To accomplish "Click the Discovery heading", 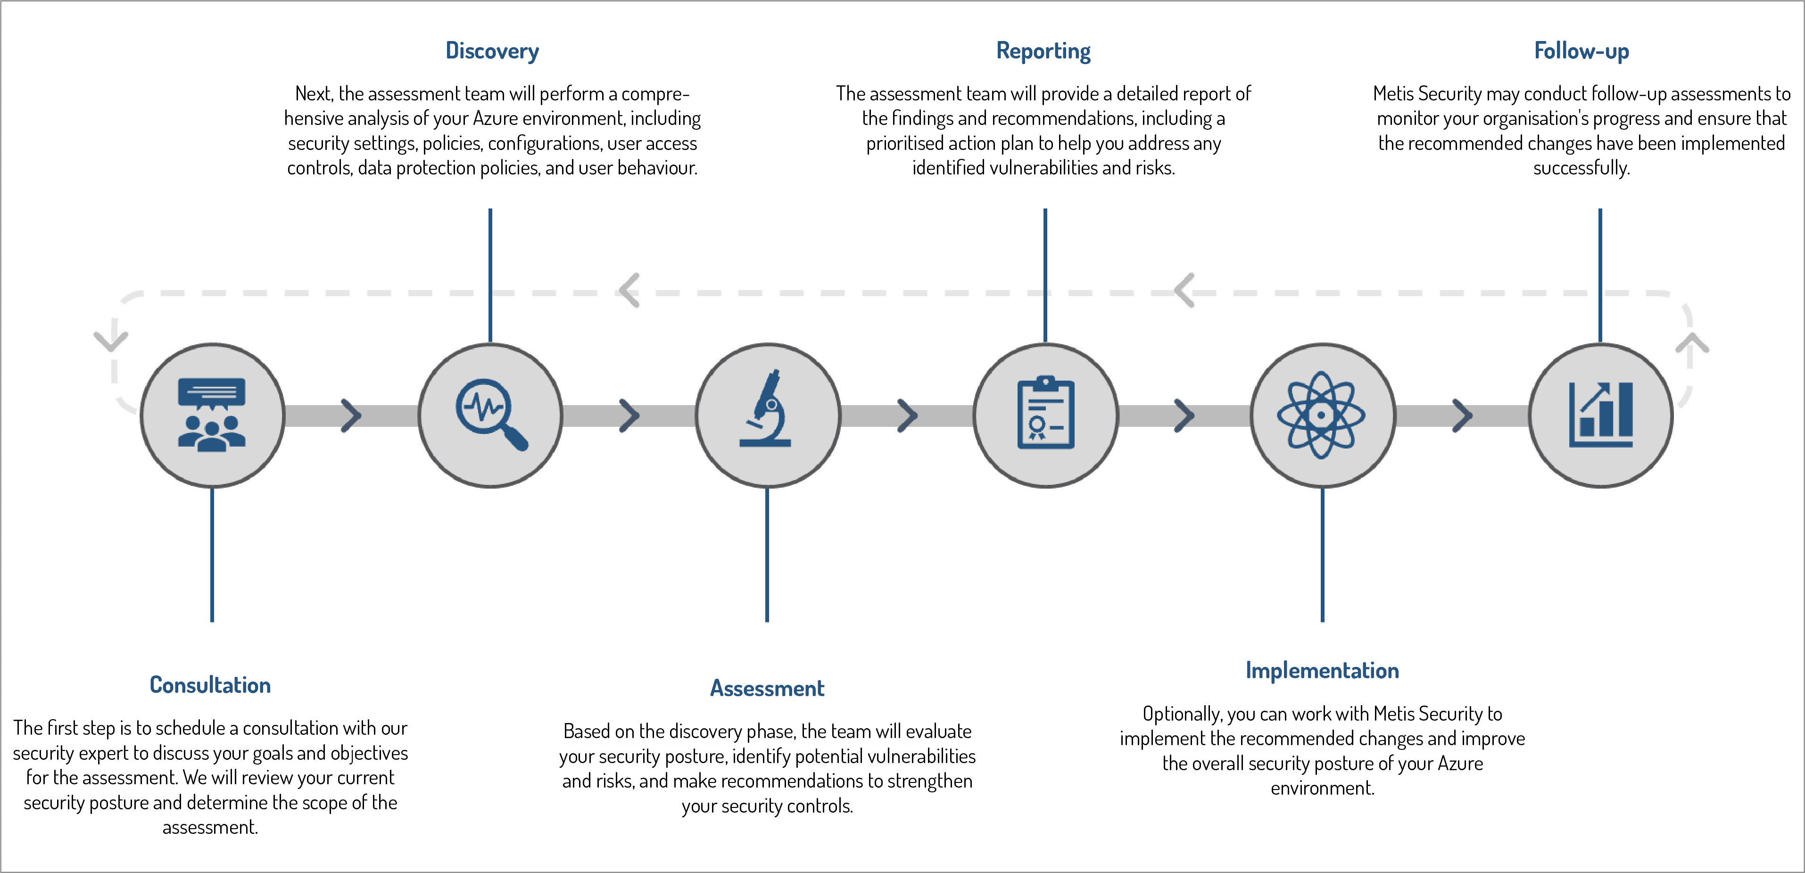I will [x=492, y=51].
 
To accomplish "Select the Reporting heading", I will [x=1043, y=51].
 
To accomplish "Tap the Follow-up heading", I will [x=1581, y=51].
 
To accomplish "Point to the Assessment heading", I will [x=767, y=688].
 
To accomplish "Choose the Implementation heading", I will [x=1322, y=671].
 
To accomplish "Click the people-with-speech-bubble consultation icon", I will [x=212, y=415].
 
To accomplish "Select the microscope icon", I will [x=767, y=410].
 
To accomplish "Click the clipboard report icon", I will [x=1045, y=413].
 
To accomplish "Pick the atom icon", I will [x=1322, y=415].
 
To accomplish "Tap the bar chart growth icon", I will [x=1600, y=415].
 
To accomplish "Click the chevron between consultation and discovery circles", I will [x=350, y=416].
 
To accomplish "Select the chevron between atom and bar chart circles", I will [x=1462, y=416].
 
